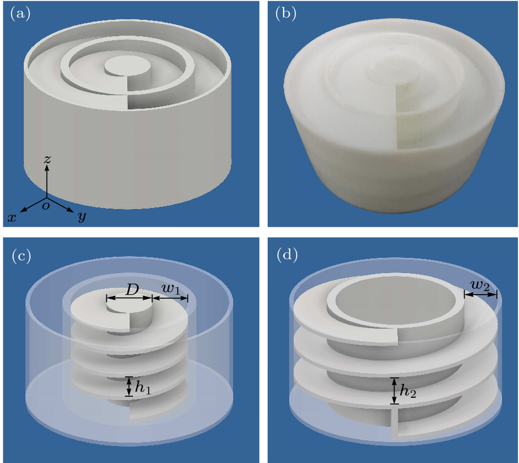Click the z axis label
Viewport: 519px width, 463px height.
tap(48, 160)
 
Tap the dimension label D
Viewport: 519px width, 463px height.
tap(131, 290)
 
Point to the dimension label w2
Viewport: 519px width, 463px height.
tap(481, 285)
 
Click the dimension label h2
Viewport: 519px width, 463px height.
tap(408, 391)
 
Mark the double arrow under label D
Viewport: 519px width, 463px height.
tap(129, 298)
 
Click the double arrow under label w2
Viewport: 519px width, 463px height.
tap(480, 294)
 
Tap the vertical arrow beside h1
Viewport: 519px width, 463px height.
tap(130, 386)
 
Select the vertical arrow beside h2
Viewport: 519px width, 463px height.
tap(394, 391)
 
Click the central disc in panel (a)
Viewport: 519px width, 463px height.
tap(128, 66)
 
